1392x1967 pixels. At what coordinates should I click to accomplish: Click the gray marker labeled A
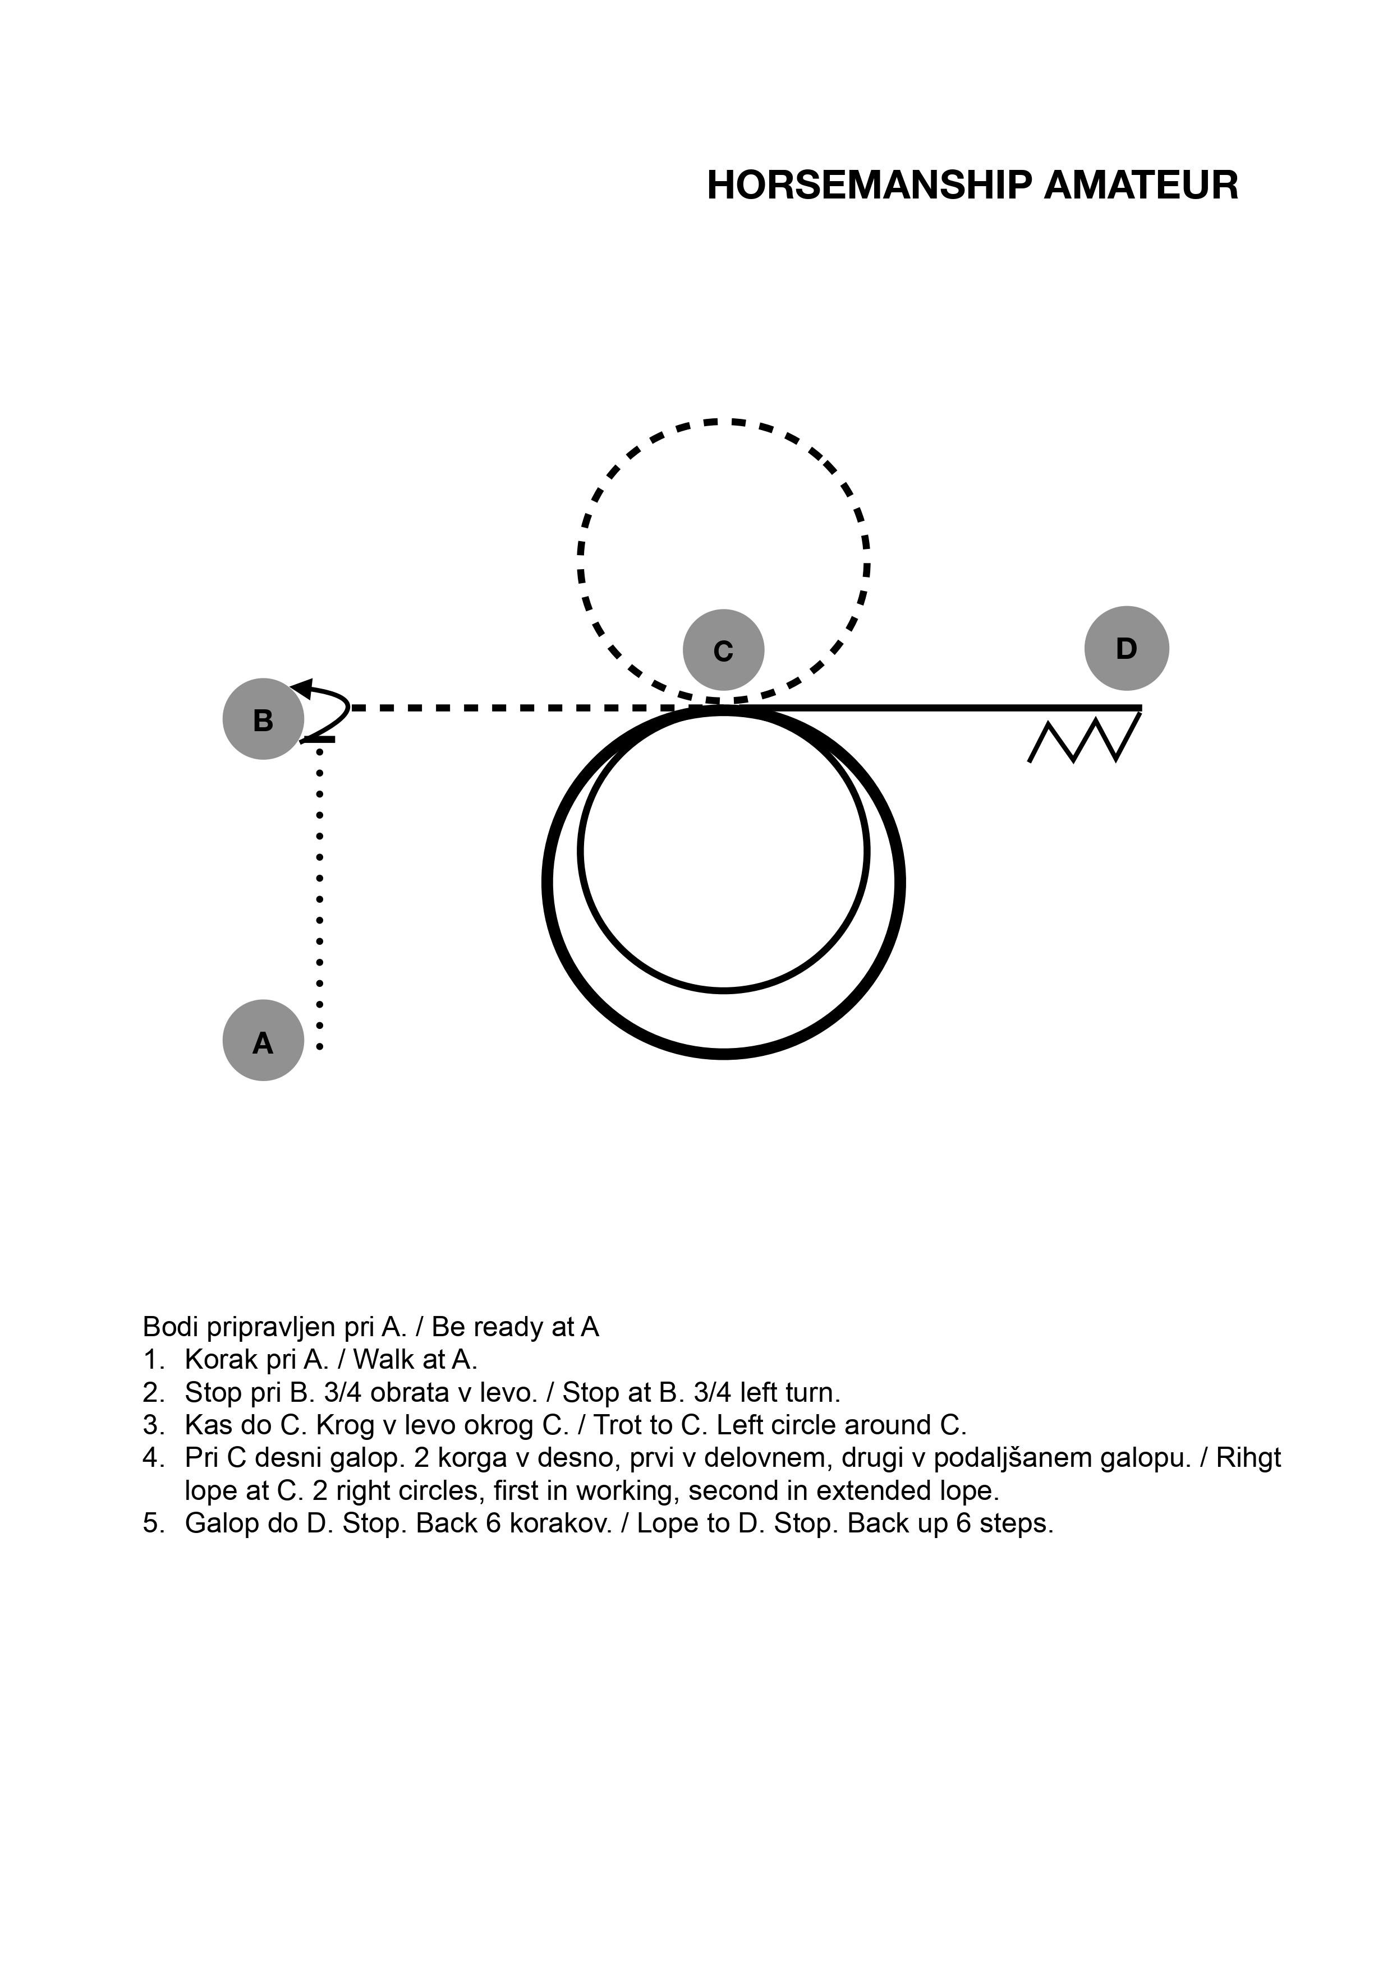[263, 1040]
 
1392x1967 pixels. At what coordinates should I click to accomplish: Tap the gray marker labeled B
[263, 719]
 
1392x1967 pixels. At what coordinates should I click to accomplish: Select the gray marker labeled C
[723, 650]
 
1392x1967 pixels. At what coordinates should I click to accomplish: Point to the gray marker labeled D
[1126, 648]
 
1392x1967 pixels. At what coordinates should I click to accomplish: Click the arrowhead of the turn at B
[300, 686]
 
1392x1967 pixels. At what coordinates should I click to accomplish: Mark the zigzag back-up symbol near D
[1085, 738]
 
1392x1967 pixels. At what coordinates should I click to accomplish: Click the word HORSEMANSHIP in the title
[870, 185]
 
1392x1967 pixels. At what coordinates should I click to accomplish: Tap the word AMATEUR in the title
[1141, 185]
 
